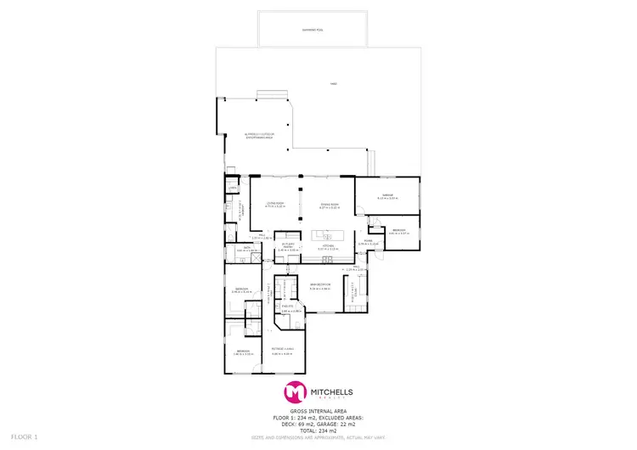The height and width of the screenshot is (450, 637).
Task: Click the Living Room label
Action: (x=274, y=205)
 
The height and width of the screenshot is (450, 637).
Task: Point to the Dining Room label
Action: (x=330, y=205)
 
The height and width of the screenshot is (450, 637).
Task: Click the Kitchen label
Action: (x=328, y=248)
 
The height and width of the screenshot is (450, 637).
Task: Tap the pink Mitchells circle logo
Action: (x=295, y=392)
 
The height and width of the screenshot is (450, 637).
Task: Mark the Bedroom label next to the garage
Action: (x=400, y=231)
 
